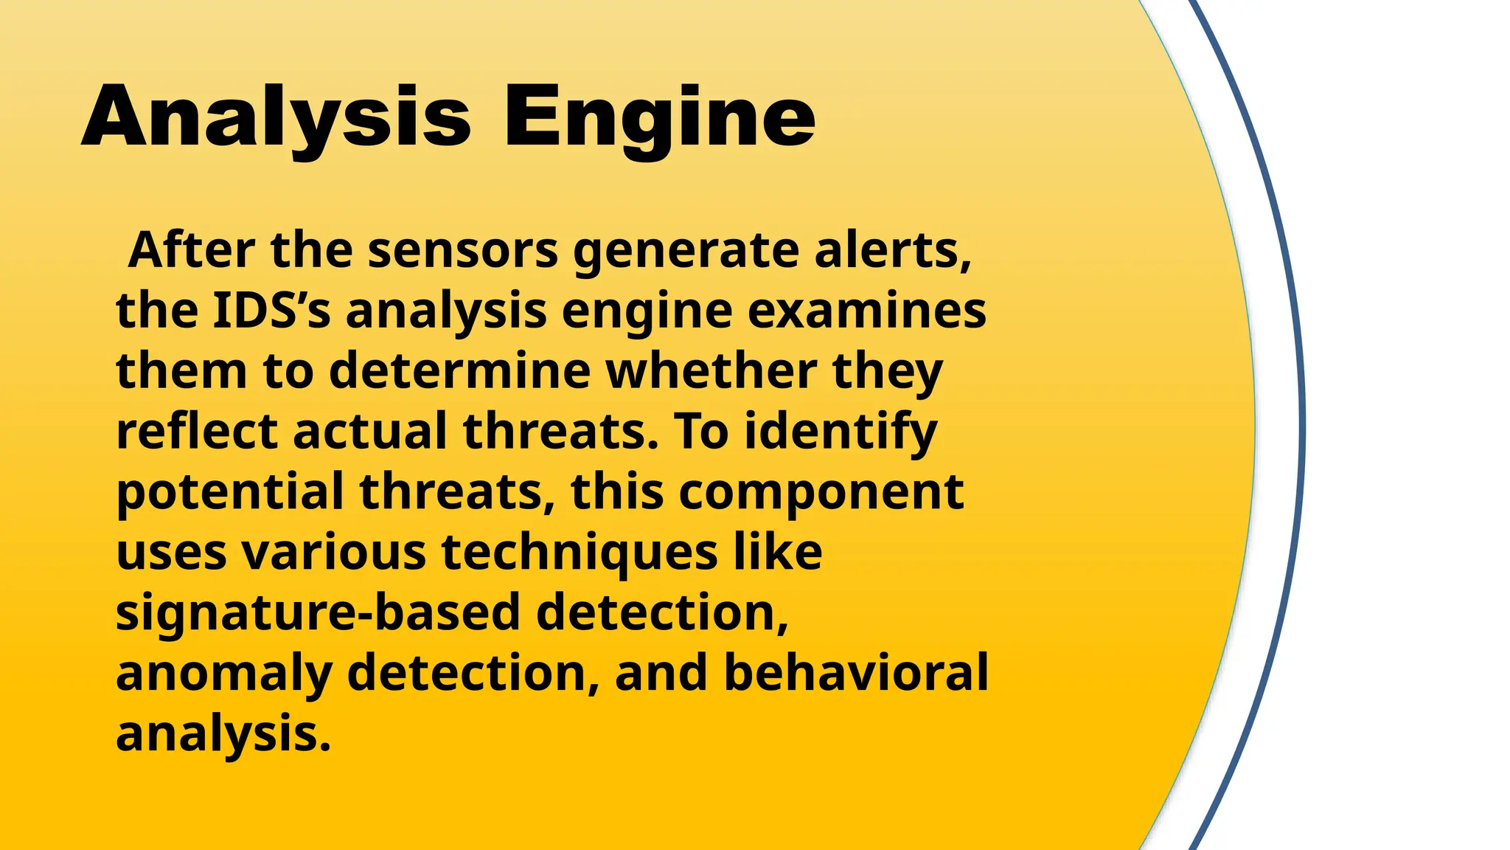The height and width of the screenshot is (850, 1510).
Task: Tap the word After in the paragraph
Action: (191, 250)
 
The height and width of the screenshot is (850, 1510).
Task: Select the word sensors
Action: (463, 250)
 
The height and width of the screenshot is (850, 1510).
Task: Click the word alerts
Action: (893, 250)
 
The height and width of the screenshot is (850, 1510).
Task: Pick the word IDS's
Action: (272, 310)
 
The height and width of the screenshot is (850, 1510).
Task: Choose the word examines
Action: (867, 310)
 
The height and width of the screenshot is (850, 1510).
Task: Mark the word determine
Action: (459, 370)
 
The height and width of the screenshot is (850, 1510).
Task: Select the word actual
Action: (370, 431)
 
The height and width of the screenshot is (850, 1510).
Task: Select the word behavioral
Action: (856, 673)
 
